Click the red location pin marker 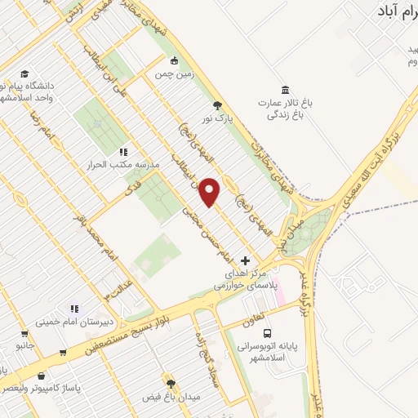coord(211,191)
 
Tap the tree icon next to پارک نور coord(216,105)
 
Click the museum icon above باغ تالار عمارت coord(284,89)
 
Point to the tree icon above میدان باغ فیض coord(171,384)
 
